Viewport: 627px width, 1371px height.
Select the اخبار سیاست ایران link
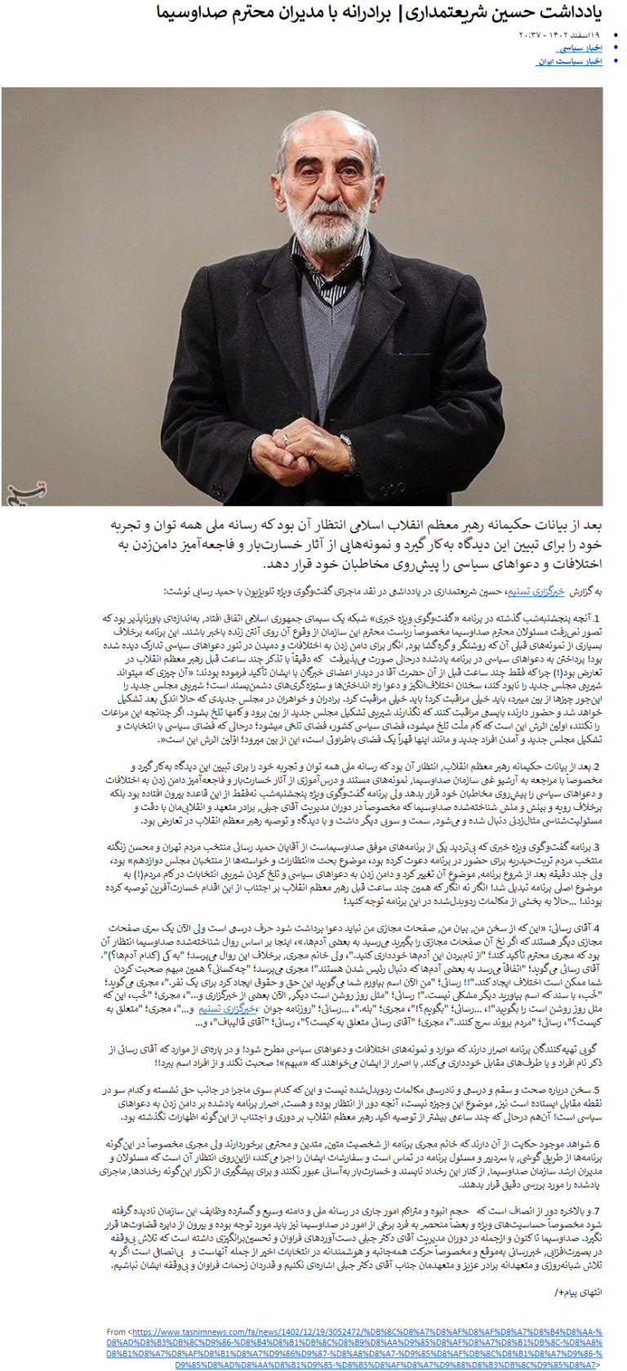point(569,61)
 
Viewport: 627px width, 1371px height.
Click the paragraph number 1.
point(598,619)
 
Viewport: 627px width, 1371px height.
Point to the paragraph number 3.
point(598,848)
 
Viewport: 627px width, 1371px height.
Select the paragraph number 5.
point(598,1090)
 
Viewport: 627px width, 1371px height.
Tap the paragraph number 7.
point(598,1211)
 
